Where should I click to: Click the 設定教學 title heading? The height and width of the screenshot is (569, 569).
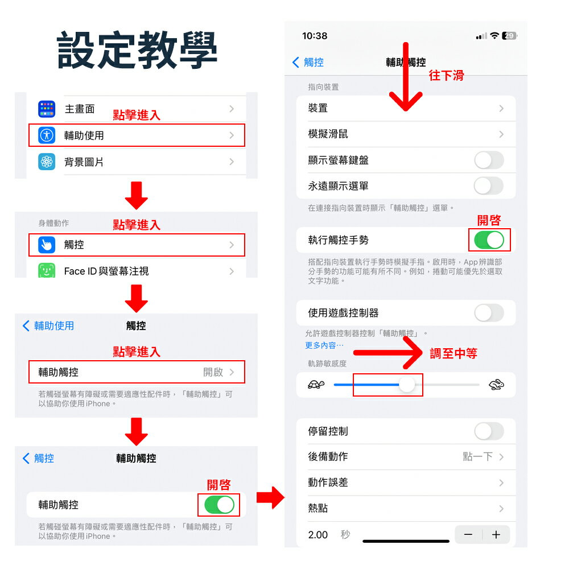(137, 50)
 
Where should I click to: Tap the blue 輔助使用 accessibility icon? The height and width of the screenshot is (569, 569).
(47, 135)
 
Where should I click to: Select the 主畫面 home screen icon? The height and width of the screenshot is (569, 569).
(47, 109)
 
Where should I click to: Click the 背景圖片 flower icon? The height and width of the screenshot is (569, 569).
(47, 162)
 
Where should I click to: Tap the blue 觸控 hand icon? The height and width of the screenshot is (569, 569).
(47, 245)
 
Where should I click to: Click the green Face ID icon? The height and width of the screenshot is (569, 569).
(47, 271)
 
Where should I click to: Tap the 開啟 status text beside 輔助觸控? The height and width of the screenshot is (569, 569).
(213, 372)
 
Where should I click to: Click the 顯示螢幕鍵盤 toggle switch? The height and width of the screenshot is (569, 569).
(489, 160)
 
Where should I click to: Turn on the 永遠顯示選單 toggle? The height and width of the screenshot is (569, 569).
(489, 186)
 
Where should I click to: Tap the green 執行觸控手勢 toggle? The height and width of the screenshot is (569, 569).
(489, 240)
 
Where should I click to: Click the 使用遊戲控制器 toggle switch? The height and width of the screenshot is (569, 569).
(489, 313)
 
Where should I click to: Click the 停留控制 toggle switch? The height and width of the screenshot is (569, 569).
(489, 431)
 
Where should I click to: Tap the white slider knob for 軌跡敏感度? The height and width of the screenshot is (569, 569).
(407, 385)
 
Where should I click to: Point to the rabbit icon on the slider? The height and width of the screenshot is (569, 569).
(496, 386)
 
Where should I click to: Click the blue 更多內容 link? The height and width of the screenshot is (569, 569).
(324, 345)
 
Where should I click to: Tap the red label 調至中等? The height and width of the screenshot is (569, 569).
(453, 353)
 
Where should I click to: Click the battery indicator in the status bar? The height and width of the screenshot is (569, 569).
(509, 36)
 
